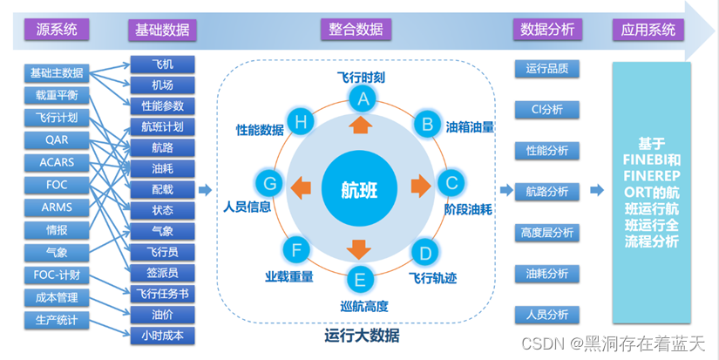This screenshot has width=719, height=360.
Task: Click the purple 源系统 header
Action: coord(56,30)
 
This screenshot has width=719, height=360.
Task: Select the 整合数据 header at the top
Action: coord(356,30)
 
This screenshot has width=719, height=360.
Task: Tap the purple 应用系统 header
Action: coord(648,30)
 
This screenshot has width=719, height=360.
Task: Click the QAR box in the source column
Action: coord(57,139)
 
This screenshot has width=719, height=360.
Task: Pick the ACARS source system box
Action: coord(57,162)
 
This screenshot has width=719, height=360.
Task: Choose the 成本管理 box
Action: coord(57,297)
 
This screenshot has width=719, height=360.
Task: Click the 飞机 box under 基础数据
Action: coord(162,65)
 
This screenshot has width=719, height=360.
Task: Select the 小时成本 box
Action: coord(162,336)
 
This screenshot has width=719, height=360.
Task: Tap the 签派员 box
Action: coord(162,273)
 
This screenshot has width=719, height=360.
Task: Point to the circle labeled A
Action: coord(363,100)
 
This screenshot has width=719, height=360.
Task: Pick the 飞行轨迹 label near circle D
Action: coord(433,278)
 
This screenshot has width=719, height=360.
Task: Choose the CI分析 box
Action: coord(546,110)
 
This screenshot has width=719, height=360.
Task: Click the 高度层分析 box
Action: coord(546,233)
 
